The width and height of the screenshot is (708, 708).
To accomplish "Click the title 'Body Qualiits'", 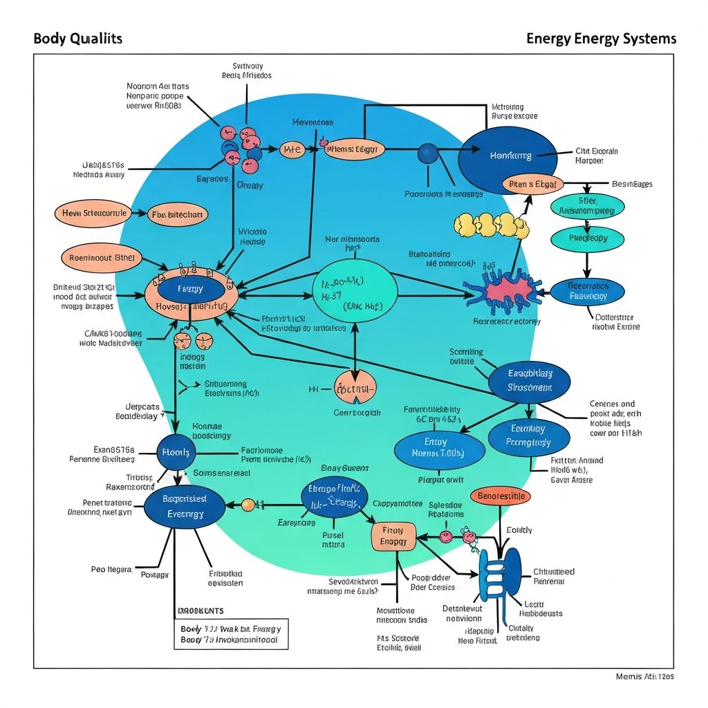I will click(x=77, y=38).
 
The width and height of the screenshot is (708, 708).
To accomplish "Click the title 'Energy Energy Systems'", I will click(x=601, y=38).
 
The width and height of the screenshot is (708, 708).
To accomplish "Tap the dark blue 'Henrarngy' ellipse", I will click(x=507, y=156).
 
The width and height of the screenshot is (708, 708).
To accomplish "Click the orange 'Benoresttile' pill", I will click(x=501, y=496).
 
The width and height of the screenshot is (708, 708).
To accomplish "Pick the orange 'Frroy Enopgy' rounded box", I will click(x=393, y=537).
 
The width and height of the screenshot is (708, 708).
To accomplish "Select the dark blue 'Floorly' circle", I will click(x=176, y=453).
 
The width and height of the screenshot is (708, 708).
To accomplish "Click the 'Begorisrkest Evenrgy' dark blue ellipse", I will click(x=185, y=506).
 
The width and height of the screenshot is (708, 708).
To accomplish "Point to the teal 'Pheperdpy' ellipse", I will click(x=587, y=238).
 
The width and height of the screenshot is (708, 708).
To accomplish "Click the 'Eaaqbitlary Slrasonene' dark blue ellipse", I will click(x=530, y=381).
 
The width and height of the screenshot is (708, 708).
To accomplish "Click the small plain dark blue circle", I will click(x=428, y=153).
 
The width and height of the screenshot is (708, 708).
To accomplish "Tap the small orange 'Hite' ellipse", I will click(x=292, y=149).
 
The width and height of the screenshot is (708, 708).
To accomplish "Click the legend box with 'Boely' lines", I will click(x=230, y=634).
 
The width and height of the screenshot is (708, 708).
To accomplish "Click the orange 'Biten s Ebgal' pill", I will click(x=532, y=185).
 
